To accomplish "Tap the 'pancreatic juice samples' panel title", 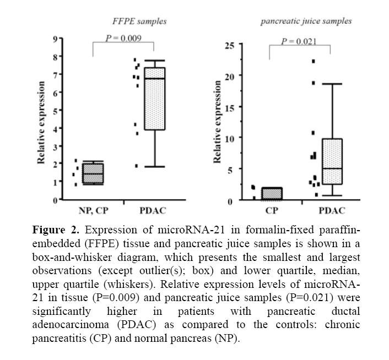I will tap(306, 21).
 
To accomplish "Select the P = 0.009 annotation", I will tap(124, 38).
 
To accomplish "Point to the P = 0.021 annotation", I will tap(299, 42).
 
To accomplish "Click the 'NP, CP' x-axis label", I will tap(91, 211).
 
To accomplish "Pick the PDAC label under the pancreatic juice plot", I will tap(332, 211).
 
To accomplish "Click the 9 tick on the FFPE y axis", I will tap(55, 39).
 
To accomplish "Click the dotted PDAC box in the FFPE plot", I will tap(154, 99).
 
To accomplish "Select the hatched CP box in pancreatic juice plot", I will tap(271, 194).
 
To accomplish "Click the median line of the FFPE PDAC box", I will tap(154, 79).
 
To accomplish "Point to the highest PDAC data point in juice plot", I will tap(314, 61).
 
